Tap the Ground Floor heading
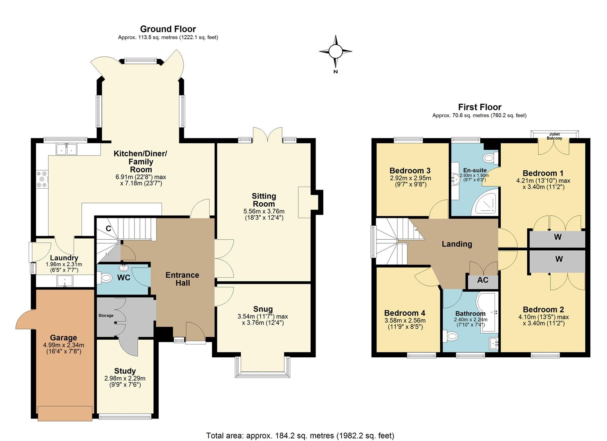168,29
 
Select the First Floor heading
479,107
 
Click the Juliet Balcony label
554,136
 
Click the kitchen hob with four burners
42,179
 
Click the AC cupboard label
483,280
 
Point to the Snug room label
263,309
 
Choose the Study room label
125,371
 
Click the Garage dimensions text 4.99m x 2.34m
63,345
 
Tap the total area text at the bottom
300,435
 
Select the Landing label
457,244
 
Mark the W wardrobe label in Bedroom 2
559,259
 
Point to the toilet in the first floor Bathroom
451,336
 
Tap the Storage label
106,316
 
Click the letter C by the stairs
108,229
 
